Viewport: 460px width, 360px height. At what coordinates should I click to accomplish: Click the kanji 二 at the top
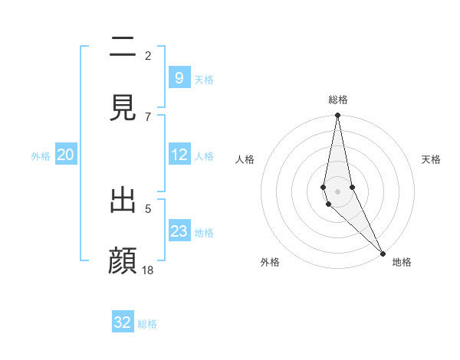point(123,48)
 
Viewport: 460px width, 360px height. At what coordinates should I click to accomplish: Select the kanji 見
point(123,109)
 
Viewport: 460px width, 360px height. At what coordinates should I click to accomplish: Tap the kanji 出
point(123,201)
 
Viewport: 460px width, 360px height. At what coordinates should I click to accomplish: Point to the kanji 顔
point(123,261)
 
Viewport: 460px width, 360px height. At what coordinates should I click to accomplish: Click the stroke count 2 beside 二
point(148,55)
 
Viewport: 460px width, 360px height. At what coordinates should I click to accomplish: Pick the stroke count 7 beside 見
point(148,116)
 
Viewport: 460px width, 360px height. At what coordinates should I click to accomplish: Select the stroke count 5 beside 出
point(148,208)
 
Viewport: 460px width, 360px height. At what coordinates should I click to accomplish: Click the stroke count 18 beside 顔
point(149,270)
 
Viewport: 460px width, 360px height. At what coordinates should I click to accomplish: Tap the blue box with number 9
point(179,78)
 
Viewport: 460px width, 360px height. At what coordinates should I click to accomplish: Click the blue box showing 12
point(179,155)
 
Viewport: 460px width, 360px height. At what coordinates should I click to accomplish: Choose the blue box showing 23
point(179,231)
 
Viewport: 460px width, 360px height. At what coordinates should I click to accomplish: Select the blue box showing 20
point(65,155)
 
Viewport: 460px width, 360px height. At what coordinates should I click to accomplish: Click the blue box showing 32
point(123,322)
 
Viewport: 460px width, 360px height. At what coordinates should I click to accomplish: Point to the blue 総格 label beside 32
point(147,324)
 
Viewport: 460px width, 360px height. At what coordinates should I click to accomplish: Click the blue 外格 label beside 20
point(41,156)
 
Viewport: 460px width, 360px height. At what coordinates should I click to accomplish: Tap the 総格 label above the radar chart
point(338,100)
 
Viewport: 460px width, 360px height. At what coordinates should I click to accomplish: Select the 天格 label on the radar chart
point(431,159)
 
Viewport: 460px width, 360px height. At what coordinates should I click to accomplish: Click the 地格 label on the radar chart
point(402,262)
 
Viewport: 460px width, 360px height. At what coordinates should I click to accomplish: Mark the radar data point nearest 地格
point(383,252)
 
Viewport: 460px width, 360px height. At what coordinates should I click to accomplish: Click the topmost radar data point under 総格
point(337,116)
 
